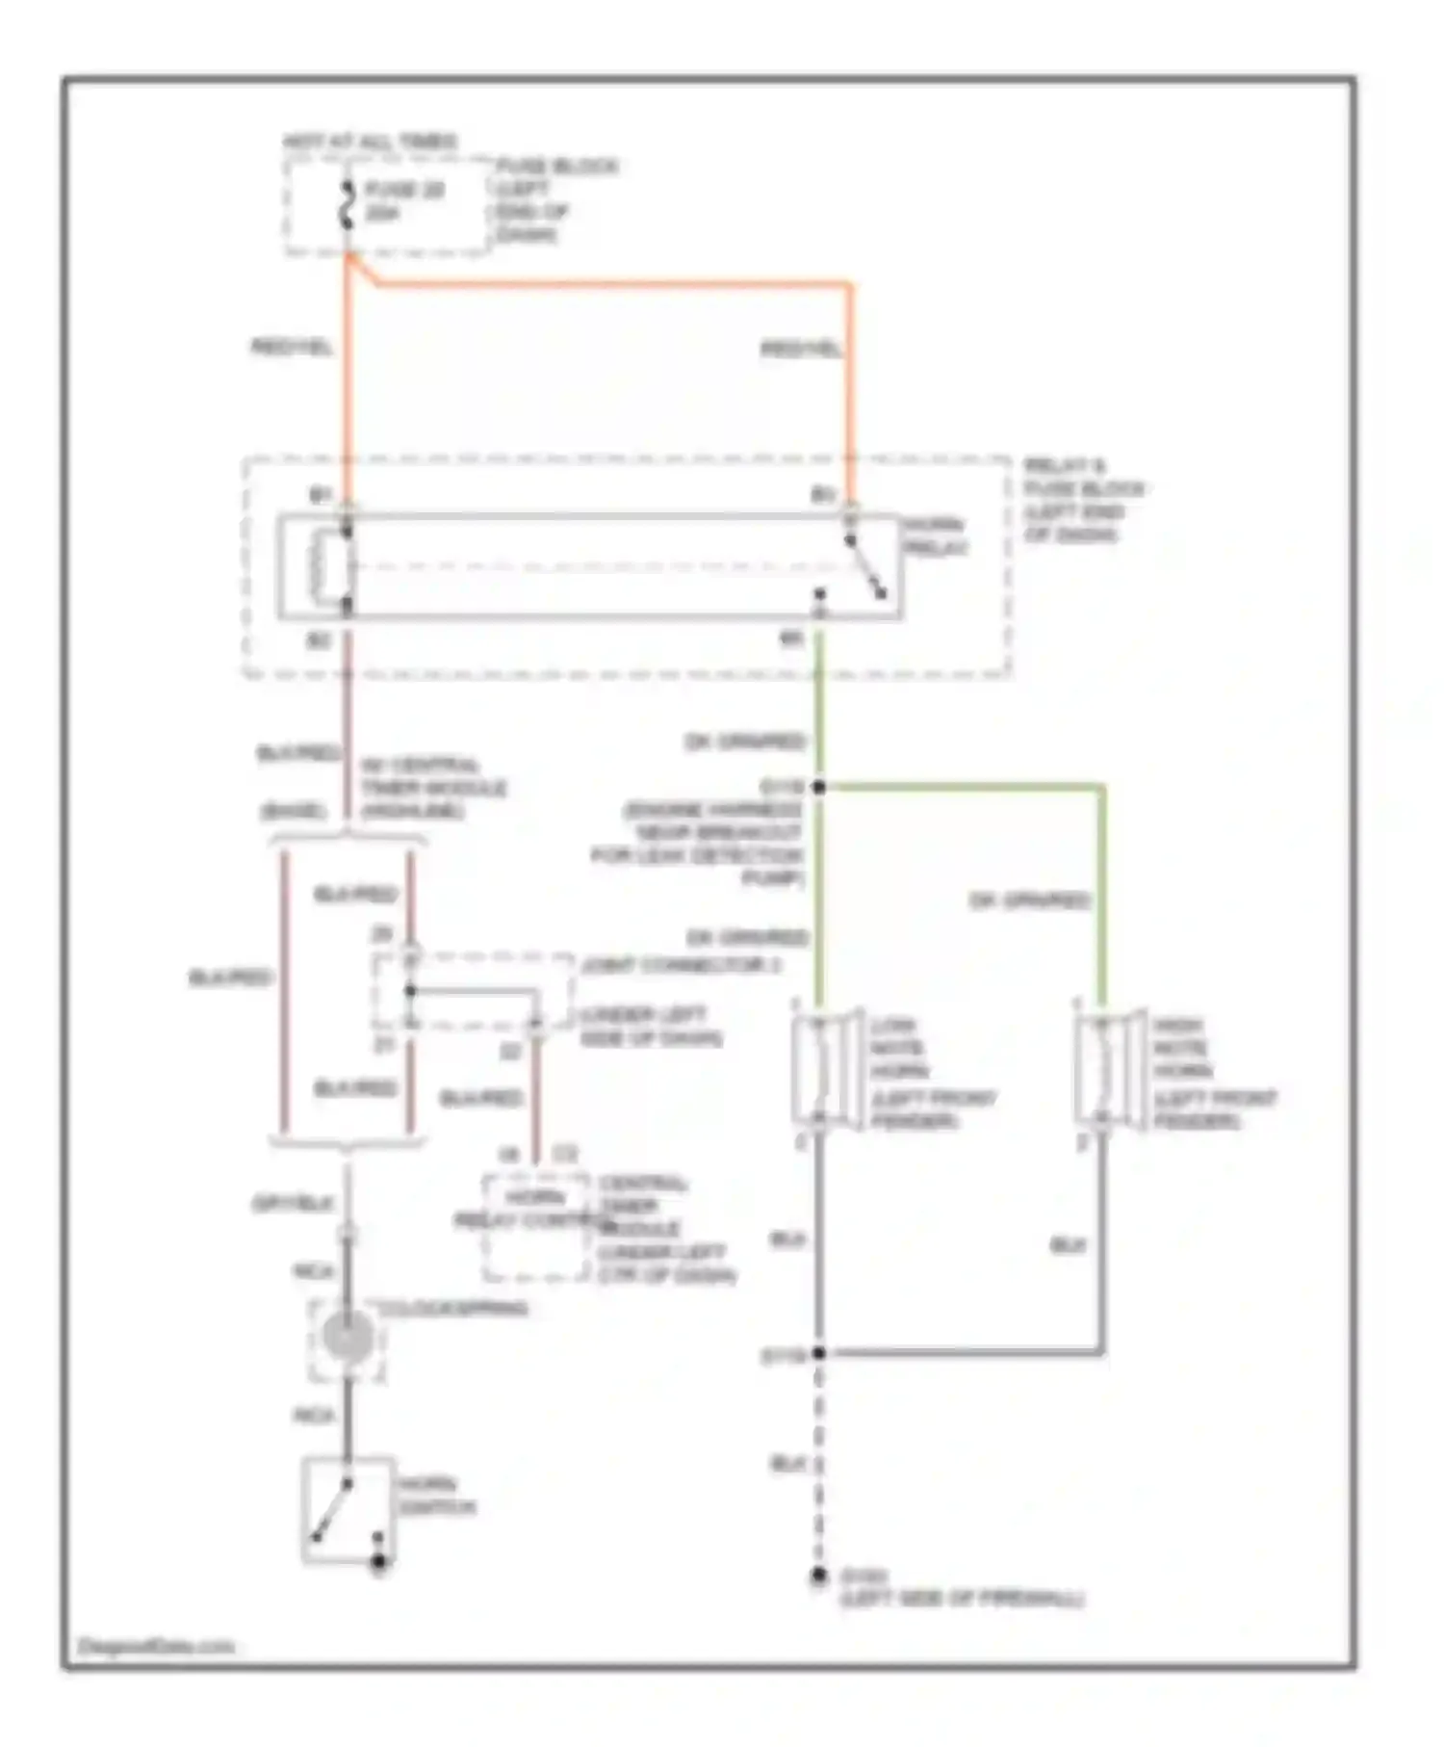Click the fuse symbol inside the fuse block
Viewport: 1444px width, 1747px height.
[x=348, y=204]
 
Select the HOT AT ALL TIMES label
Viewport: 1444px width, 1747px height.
[x=370, y=142]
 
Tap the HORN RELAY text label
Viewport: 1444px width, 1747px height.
[x=935, y=536]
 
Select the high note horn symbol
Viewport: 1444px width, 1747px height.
[x=1110, y=1068]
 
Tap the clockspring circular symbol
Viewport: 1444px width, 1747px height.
[x=348, y=1338]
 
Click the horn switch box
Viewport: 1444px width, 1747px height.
[x=348, y=1510]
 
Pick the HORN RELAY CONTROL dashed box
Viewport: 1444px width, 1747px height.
[x=535, y=1228]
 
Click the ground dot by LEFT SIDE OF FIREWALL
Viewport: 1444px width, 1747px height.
[x=818, y=1576]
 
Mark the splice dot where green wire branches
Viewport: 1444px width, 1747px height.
[x=819, y=787]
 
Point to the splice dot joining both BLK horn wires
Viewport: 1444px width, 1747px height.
[x=819, y=1353]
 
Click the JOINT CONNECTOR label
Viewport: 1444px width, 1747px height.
[x=682, y=964]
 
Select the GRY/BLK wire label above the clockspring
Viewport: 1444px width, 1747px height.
[x=292, y=1203]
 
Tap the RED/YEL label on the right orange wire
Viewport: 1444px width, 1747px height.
[x=801, y=349]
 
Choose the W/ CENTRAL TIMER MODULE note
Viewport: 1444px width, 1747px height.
[x=433, y=788]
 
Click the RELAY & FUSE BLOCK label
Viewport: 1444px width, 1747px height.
[x=1083, y=500]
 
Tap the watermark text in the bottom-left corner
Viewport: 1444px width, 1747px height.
[x=155, y=1646]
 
